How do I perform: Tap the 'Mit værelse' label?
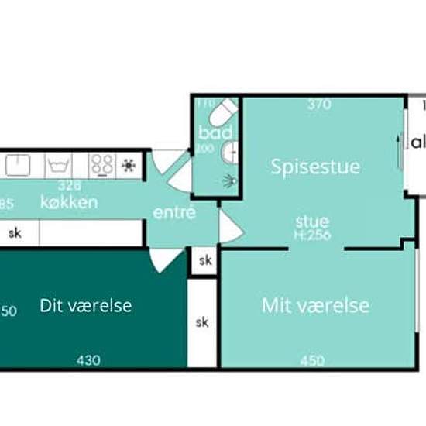(315, 305)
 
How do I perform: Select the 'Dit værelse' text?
(85, 305)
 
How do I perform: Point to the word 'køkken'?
(70, 203)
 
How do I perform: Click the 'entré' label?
(174, 212)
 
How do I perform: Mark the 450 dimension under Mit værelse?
(312, 360)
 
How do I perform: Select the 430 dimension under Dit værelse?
(88, 360)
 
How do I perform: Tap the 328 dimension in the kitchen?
(71, 186)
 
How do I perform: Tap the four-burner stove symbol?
(102, 165)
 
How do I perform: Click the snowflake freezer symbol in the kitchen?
(129, 165)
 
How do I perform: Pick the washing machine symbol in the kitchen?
(59, 165)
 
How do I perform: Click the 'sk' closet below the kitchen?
(15, 232)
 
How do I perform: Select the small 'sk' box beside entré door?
(204, 261)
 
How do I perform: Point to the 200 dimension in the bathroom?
(204, 149)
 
